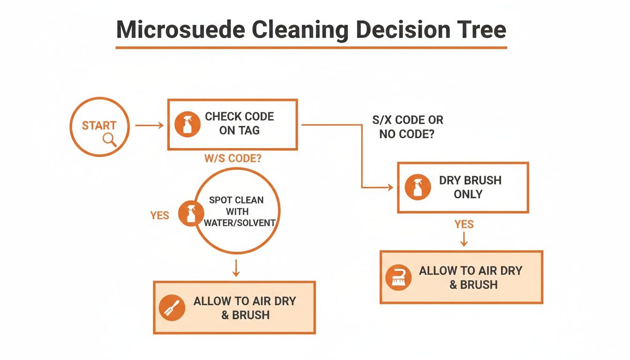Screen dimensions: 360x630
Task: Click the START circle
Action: (99, 127)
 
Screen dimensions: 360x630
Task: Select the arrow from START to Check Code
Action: (149, 125)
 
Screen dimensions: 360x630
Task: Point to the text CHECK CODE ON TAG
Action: (239, 124)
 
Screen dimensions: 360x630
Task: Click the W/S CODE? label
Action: (232, 158)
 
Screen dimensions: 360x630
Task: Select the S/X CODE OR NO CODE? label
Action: (407, 127)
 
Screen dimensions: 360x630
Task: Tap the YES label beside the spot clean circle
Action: (159, 215)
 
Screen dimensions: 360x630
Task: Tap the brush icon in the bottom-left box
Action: (172, 308)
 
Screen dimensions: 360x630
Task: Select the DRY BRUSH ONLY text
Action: (470, 187)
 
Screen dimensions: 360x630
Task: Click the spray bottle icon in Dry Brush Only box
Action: (418, 187)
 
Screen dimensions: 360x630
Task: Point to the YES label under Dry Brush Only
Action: (464, 225)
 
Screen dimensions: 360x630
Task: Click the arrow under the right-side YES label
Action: (464, 240)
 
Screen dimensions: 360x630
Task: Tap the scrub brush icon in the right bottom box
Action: (398, 277)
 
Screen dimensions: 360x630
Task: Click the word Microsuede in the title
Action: (180, 30)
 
